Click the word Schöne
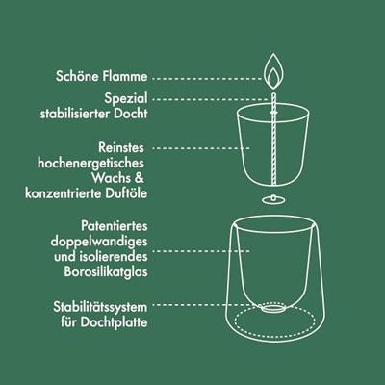[x=78, y=76]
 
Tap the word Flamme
[x=126, y=76]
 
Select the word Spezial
[x=126, y=98]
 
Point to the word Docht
[x=131, y=114]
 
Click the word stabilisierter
[x=75, y=114]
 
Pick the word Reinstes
[x=121, y=147]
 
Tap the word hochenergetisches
[x=90, y=163]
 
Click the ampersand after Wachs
[x=139, y=178]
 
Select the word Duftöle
[x=127, y=193]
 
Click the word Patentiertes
[x=115, y=226]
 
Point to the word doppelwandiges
[x=99, y=242]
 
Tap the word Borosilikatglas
[x=106, y=271]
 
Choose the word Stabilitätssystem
[x=100, y=307]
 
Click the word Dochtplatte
[x=114, y=322]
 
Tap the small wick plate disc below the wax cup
[x=273, y=200]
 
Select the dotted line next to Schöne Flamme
[x=208, y=78]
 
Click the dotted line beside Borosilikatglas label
[x=201, y=251]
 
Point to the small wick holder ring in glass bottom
[x=273, y=308]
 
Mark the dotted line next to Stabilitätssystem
[x=206, y=305]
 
